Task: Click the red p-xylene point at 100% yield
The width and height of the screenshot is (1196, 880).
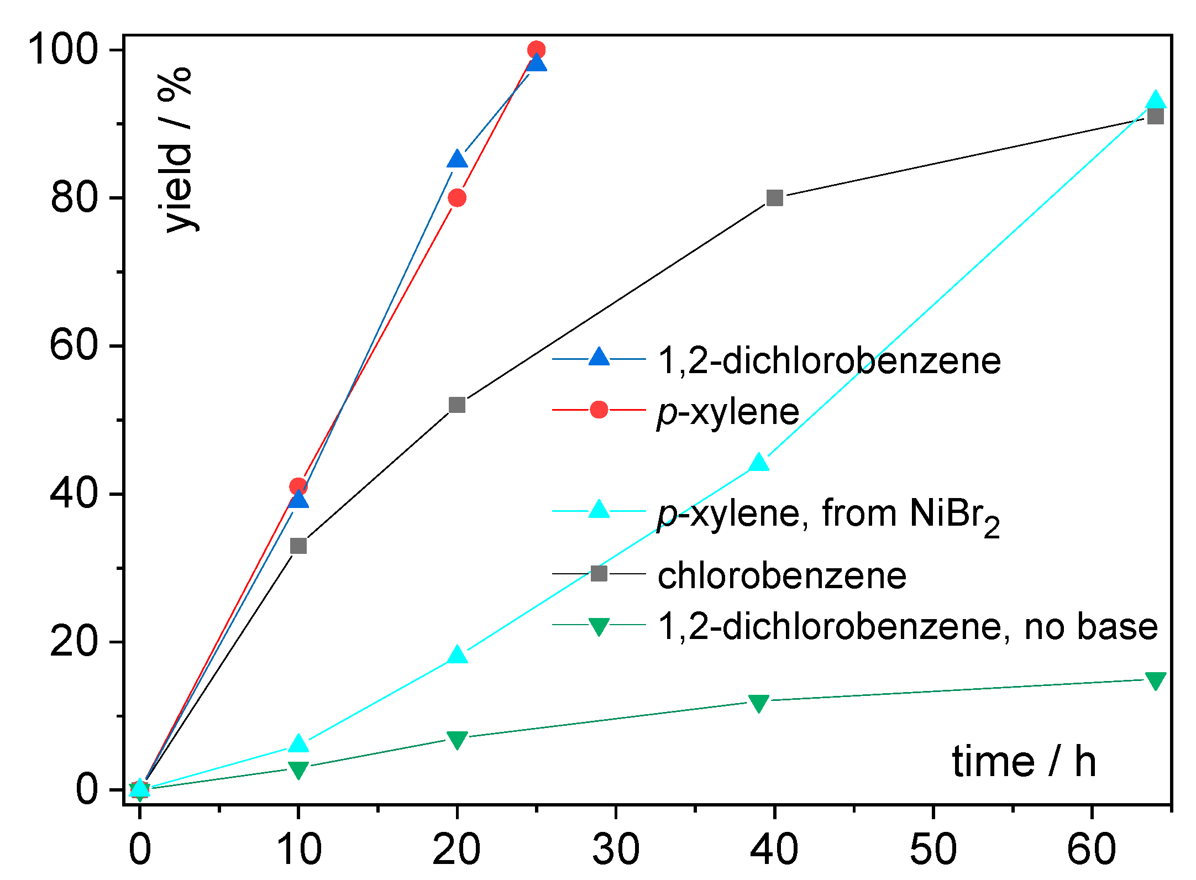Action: click(x=536, y=50)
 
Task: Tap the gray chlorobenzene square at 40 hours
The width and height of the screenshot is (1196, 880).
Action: click(x=774, y=198)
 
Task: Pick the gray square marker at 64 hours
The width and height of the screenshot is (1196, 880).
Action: click(x=1155, y=117)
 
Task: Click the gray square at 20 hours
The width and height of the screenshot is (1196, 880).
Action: click(x=457, y=405)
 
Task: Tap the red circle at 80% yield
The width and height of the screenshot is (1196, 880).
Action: click(x=457, y=198)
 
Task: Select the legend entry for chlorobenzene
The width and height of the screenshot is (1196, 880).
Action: click(x=781, y=576)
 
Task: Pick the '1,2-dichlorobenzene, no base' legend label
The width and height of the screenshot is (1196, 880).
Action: click(x=907, y=627)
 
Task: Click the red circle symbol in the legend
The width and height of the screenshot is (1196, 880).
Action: click(x=599, y=410)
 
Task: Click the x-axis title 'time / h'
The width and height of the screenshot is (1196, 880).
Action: click(x=1024, y=762)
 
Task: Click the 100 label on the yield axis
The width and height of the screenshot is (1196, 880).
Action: click(x=62, y=50)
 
